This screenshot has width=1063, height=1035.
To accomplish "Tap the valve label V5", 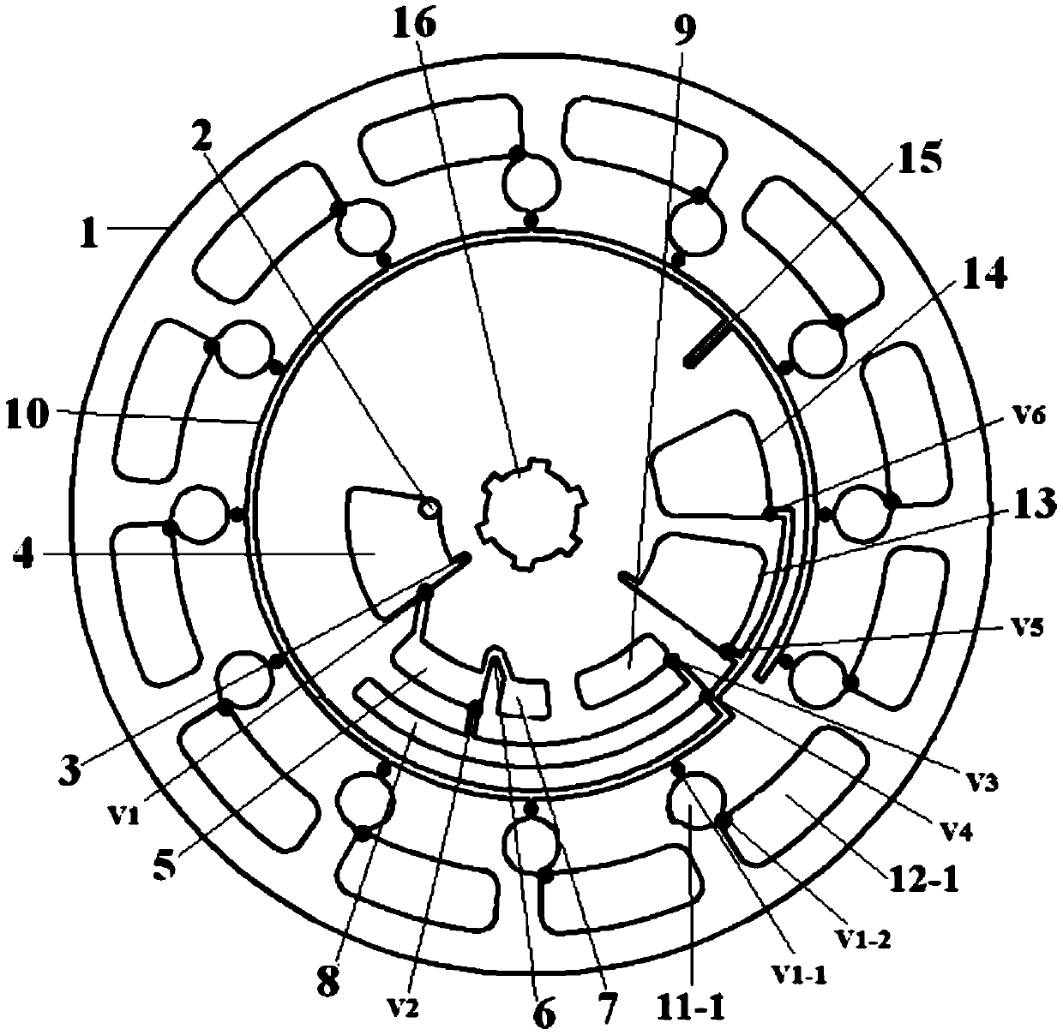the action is point(1017,629).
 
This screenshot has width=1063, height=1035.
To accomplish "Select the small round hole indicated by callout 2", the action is point(428,509).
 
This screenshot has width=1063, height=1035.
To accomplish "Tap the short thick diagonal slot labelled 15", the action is point(712,342).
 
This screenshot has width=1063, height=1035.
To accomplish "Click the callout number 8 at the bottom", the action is point(327,979).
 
